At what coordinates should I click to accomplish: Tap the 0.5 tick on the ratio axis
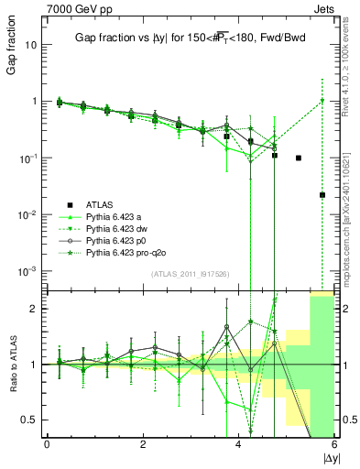coord(31,420)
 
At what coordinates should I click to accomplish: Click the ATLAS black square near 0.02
coord(322,195)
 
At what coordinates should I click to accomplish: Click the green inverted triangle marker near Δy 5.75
coord(322,101)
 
